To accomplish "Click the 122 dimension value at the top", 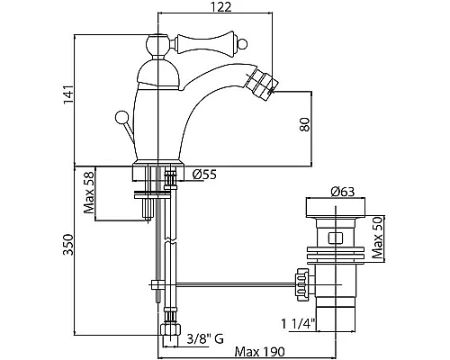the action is pos(220,7).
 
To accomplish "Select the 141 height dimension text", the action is pos(68,94).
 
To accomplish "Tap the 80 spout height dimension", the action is pos(304,124).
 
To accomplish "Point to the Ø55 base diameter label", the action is pos(204,175).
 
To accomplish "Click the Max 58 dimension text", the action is pos(89,193).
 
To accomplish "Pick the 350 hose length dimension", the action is pos(68,245).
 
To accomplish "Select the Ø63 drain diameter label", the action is pos(342,192).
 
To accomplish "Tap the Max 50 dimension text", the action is pos(377,238).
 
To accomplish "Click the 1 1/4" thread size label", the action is pos(298,324).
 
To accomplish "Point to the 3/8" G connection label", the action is pos(205,339).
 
